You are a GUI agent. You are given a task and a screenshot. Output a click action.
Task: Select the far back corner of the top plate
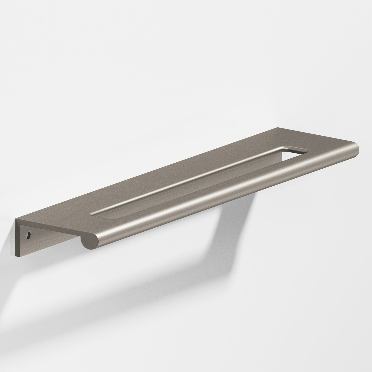(x=278, y=128)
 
